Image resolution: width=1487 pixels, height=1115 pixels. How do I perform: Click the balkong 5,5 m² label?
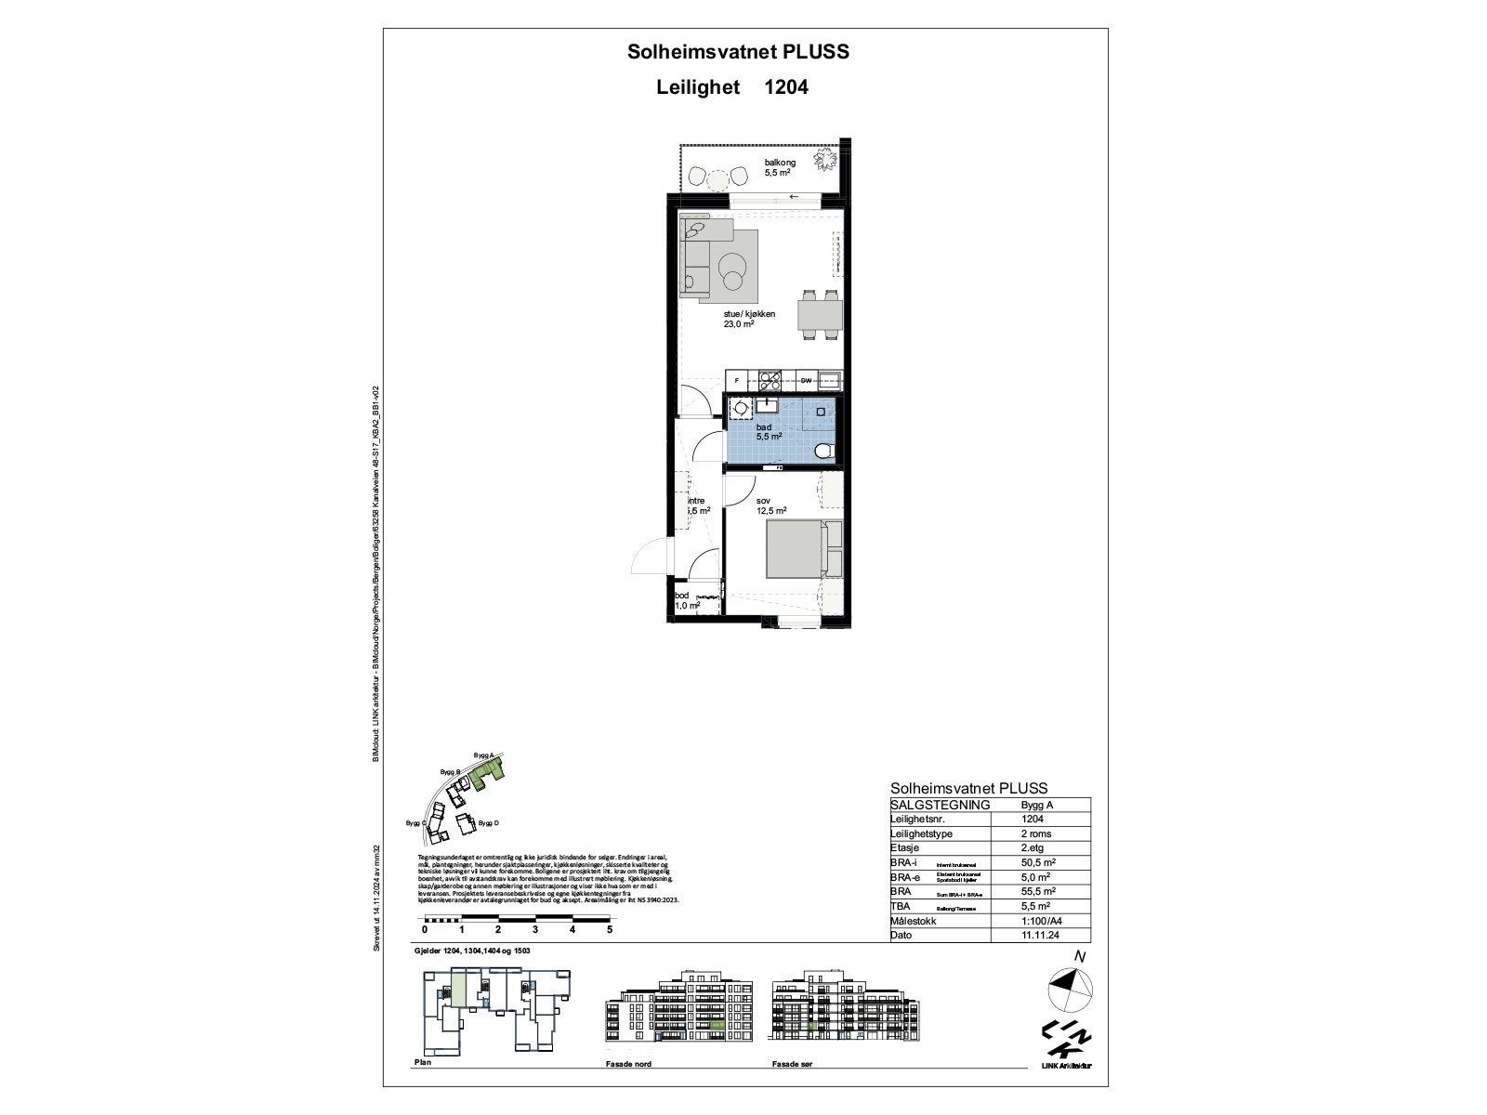coord(780,167)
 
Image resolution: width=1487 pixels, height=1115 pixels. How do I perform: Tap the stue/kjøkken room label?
coord(749,319)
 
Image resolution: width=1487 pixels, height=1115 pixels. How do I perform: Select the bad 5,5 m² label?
coord(768,431)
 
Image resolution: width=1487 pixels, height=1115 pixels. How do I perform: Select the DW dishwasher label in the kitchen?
coord(807,381)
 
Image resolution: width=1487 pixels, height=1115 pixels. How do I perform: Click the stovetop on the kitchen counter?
coord(770,381)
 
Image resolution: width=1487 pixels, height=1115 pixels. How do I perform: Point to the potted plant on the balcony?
coord(822,161)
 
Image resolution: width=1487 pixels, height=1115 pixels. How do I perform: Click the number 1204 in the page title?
coord(785,87)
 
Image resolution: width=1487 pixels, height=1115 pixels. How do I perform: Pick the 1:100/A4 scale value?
coord(1042,921)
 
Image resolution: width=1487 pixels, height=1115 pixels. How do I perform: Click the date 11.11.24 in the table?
coord(1038,936)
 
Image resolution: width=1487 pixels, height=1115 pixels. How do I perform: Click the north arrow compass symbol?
coord(1070,988)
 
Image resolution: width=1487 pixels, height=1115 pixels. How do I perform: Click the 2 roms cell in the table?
coord(1035,833)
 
